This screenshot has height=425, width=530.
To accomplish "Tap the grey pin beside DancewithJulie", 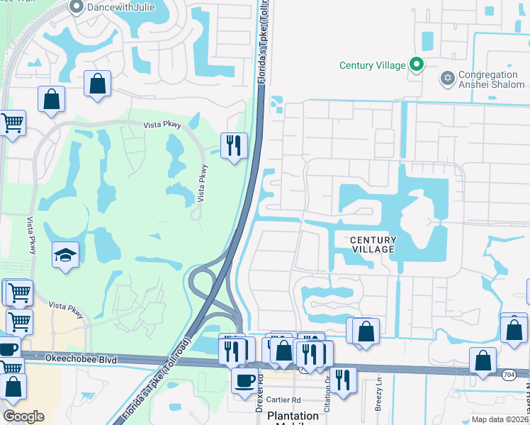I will tap(77, 6).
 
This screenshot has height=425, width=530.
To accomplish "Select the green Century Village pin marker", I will tap(417, 65).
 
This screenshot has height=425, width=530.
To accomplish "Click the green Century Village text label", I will tap(373, 65).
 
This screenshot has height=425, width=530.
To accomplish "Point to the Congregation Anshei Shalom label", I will tap(487, 80).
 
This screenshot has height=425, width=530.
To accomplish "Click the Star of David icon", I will tap(447, 78).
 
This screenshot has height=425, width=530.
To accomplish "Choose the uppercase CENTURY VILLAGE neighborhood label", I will tap(373, 245).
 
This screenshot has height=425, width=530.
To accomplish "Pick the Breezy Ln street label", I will tap(380, 397).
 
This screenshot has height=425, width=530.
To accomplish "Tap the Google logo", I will tap(23, 416).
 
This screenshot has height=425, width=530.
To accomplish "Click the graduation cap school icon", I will tap(65, 255).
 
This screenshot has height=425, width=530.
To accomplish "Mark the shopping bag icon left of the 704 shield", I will tap(483, 360).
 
